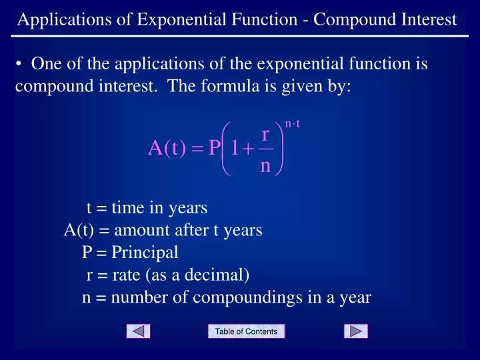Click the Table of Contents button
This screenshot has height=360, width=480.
click(246, 331)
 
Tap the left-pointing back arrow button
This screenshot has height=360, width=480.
click(138, 331)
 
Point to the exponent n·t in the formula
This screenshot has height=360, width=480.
click(293, 123)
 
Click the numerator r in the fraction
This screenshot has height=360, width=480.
click(265, 135)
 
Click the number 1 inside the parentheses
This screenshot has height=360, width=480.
click(233, 148)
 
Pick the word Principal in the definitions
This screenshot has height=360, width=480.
click(145, 253)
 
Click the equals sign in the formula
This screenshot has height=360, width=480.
click(196, 149)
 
